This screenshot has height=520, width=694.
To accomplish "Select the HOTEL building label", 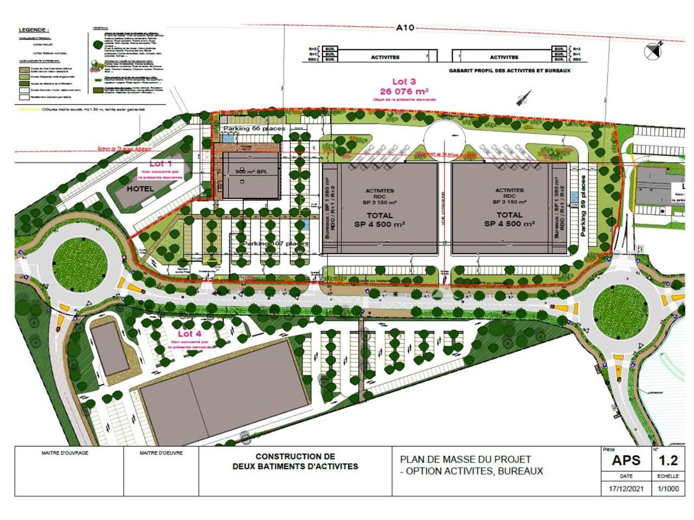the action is click(x=140, y=189).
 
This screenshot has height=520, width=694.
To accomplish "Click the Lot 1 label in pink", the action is click(x=160, y=163).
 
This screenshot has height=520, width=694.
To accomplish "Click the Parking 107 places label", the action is click(x=275, y=244).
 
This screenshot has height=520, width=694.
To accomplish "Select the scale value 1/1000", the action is click(x=667, y=488).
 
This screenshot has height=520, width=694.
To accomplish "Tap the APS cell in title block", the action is click(x=626, y=460).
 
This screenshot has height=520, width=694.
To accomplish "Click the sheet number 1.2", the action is click(x=667, y=460).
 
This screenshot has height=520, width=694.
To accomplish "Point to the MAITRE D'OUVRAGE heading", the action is click(x=65, y=452).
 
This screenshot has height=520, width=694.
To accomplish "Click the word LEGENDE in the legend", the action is click(x=33, y=30).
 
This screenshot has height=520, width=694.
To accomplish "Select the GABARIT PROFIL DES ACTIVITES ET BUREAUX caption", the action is click(x=510, y=70).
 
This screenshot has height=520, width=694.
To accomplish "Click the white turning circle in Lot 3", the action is click(x=445, y=138).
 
